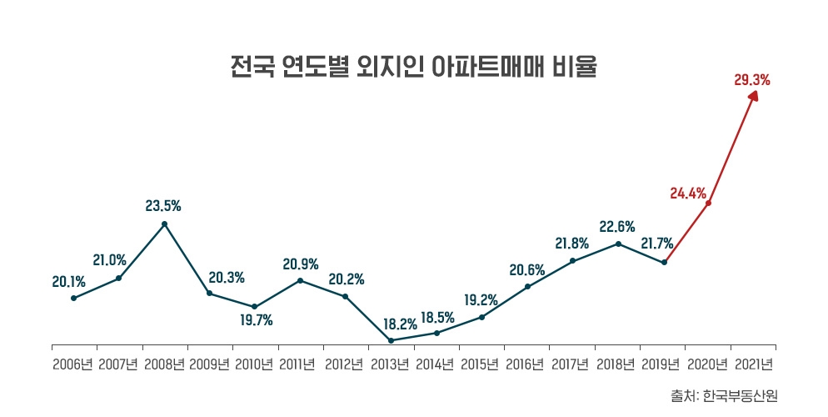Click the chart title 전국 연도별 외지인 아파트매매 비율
coord(413,67)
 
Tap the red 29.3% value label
coord(751,81)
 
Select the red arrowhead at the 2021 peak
coord(753,97)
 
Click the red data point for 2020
coord(709,203)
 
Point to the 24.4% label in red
coord(687,193)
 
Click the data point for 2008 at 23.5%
coord(164,224)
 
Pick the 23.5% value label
coord(163,204)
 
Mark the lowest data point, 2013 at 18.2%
coord(392,340)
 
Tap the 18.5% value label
coord(437,317)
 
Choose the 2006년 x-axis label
coord(73,364)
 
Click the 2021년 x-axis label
coord(753,364)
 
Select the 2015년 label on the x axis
coord(481,364)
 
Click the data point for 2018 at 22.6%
coord(618,244)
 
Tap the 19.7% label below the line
coord(255,320)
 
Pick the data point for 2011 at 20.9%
coord(300,280)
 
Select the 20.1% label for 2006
coord(69,282)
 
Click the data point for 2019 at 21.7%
coord(664,263)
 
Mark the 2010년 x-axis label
coord(254,364)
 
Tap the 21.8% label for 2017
coord(572,244)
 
